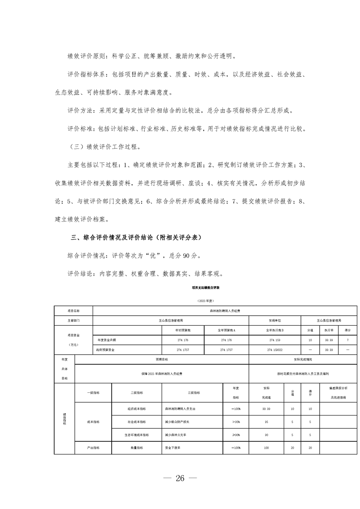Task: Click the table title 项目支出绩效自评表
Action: (x=205, y=288)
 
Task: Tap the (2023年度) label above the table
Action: (x=205, y=301)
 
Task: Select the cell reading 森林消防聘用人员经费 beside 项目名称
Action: (x=224, y=311)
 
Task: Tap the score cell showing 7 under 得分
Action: (x=347, y=340)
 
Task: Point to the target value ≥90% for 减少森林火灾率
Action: (x=236, y=435)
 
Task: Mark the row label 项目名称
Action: (x=73, y=311)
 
